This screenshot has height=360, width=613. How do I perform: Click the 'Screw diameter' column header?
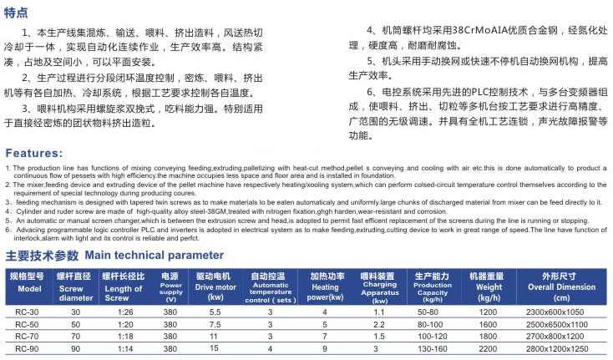(x=76, y=286)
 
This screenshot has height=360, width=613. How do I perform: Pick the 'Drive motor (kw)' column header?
(x=215, y=286)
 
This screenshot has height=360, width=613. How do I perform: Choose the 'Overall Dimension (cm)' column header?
(x=555, y=286)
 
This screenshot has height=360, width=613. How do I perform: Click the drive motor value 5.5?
(x=215, y=312)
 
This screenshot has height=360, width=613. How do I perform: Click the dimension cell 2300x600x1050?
(x=555, y=312)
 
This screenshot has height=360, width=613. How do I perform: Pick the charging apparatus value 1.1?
(x=378, y=312)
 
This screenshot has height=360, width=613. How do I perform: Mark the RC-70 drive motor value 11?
(x=215, y=336)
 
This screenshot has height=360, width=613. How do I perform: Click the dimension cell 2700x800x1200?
(x=555, y=336)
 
